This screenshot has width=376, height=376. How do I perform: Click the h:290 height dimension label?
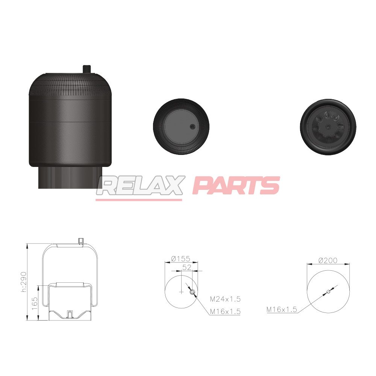coord(24,282)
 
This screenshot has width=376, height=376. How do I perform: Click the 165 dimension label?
coord(34,303)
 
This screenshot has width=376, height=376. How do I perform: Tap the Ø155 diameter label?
coord(180,259)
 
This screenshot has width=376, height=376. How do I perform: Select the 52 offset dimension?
coord(186,267)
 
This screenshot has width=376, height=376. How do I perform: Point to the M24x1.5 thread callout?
coord(225,299)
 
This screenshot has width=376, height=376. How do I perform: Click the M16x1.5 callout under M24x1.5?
coord(225,311)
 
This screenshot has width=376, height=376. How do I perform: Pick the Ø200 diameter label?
coord(328,260)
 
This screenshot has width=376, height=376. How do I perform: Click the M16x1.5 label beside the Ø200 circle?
coord(282,309)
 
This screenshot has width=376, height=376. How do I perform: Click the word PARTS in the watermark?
coord(236,186)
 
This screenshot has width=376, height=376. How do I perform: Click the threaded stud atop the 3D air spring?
coord(86,69)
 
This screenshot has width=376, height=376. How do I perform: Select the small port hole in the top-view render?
coord(193,127)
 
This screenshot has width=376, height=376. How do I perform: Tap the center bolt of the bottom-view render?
coord(328,127)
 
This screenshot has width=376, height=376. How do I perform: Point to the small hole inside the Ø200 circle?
coord(328,291)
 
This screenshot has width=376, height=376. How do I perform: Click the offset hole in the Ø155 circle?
coord(193,292)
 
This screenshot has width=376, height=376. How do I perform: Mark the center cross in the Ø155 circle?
coord(181,292)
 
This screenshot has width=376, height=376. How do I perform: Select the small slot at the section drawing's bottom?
coord(70,313)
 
